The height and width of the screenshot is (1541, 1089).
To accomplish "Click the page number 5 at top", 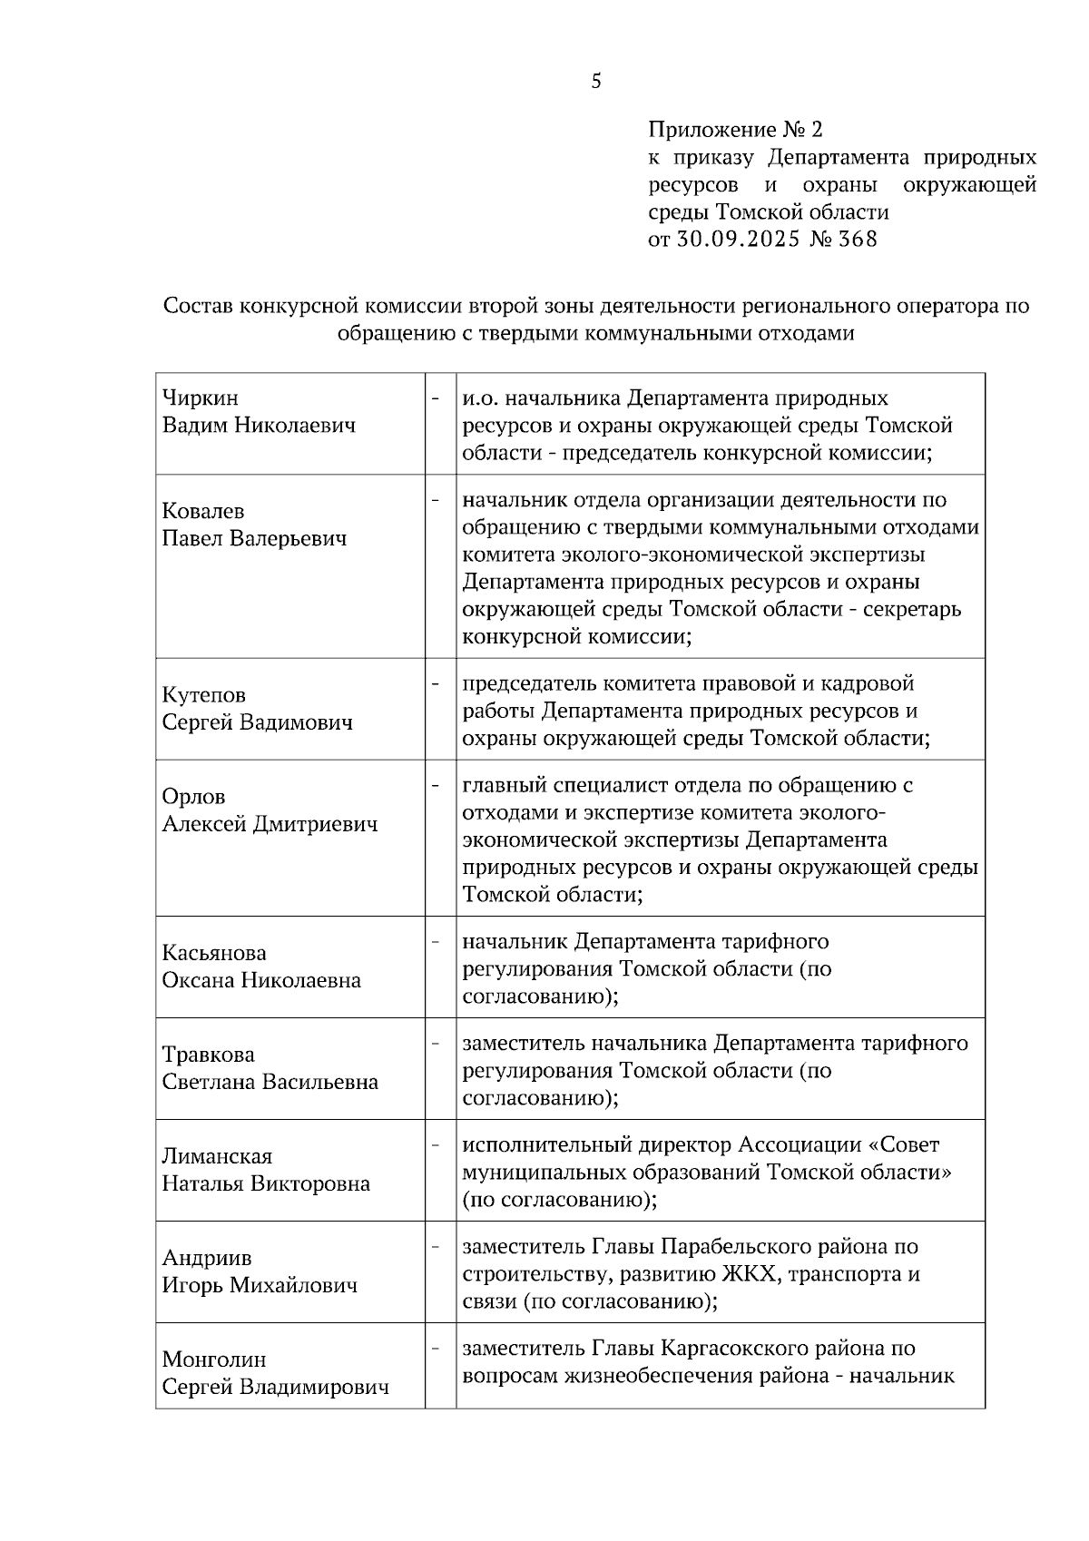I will click(596, 82).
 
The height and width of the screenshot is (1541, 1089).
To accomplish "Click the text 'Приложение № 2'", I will click(735, 130).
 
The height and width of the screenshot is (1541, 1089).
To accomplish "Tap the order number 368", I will click(859, 240).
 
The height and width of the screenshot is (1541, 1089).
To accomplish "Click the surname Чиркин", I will click(200, 398).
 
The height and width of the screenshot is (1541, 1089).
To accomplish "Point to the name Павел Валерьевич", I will click(254, 539).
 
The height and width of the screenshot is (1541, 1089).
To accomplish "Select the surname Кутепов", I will click(203, 695).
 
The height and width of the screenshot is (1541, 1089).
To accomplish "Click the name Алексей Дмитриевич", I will click(270, 824).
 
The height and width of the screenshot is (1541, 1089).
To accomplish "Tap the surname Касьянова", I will click(214, 953).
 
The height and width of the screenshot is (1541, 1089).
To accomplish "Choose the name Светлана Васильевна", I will click(270, 1082).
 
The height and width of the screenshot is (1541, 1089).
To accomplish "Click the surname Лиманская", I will click(217, 1156).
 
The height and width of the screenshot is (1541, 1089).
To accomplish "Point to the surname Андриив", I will click(207, 1258).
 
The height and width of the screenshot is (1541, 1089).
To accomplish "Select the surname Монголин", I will click(214, 1359).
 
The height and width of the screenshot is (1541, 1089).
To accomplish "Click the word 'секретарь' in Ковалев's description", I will click(917, 609).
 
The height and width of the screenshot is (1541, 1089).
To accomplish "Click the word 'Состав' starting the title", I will click(196, 306).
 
